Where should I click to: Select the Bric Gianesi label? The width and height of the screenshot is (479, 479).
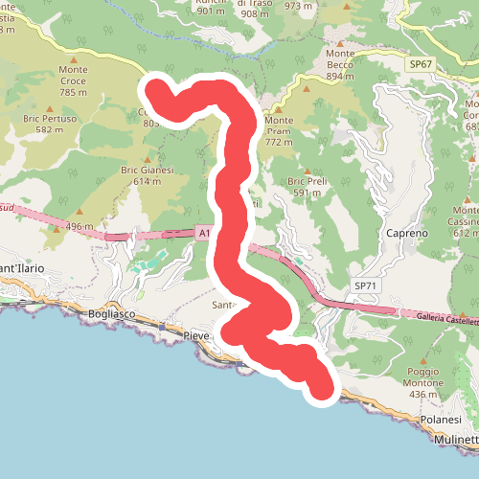pos(147,170)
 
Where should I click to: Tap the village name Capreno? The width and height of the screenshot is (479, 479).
pos(406,233)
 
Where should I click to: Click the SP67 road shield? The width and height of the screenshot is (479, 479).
pos(421,63)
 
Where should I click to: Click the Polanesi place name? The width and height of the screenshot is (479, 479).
pos(442,420)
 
